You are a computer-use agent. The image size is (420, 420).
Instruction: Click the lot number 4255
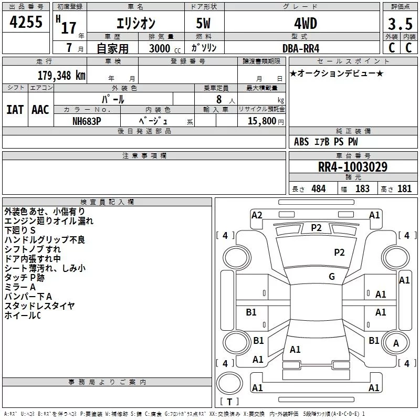pyautogui.click(x=26, y=22)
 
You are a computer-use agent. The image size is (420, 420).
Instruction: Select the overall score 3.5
pyautogui.click(x=400, y=24)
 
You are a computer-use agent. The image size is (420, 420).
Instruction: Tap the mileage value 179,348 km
pyautogui.click(x=61, y=76)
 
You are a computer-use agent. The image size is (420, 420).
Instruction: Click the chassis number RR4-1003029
pyautogui.click(x=353, y=167)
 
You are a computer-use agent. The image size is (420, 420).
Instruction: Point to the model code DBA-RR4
pyautogui.click(x=301, y=48)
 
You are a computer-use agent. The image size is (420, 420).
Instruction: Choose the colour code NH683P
pyautogui.click(x=87, y=121)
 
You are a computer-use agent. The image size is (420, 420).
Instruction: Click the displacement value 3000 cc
pyautogui.click(x=165, y=48)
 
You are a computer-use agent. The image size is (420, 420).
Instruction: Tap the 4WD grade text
pyautogui.click(x=306, y=24)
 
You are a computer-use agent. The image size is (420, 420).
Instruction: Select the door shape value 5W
pyautogui.click(x=203, y=23)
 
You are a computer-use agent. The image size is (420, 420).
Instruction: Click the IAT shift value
pyautogui.click(x=15, y=110)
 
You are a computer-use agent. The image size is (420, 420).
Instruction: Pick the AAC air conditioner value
pyautogui.click(x=40, y=110)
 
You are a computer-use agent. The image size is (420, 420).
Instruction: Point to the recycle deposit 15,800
pyautogui.click(x=261, y=121)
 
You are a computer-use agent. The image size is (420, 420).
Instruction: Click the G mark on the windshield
pyautogui.click(x=332, y=277)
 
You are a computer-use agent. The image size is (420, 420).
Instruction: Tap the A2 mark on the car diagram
pyautogui.click(x=257, y=215)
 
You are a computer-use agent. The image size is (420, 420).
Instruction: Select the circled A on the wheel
pyautogui.click(x=396, y=343)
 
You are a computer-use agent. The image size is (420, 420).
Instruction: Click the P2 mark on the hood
pyautogui.click(x=339, y=253)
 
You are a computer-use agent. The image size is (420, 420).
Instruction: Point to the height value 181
pyautogui.click(x=404, y=189)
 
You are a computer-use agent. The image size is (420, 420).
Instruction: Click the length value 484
pyautogui.click(x=319, y=189)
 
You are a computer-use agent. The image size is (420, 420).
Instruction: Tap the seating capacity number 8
pyautogui.click(x=219, y=99)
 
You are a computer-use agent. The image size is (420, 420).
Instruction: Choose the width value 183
pyautogui.click(x=362, y=189)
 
